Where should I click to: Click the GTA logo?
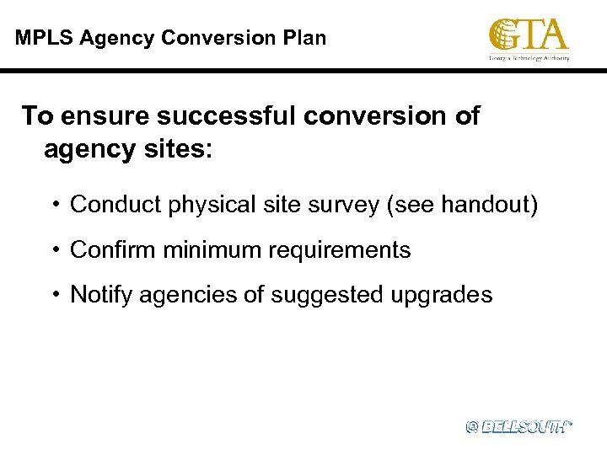[529, 35]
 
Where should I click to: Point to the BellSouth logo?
[518, 427]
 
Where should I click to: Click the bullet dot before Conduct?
[55, 205]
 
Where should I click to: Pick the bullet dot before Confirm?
[55, 250]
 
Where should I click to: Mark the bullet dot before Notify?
[55, 295]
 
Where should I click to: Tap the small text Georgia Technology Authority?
[529, 57]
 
